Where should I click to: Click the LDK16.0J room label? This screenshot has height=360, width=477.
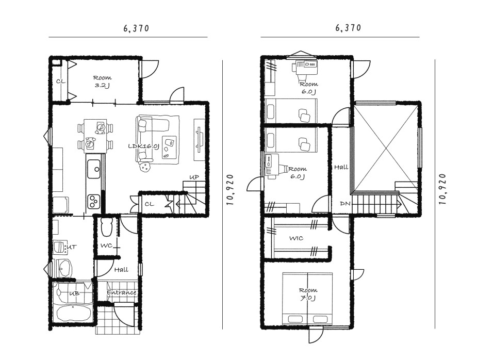(143, 146)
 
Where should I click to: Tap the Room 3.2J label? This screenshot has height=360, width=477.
(102, 81)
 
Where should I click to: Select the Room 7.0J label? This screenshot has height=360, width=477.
(308, 294)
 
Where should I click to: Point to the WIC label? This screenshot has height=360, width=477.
(297, 238)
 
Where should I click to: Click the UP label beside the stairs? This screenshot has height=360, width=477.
(194, 177)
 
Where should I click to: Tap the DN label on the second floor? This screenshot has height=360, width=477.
(346, 203)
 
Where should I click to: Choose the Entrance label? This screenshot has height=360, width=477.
(121, 292)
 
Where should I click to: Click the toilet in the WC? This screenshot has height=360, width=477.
(106, 227)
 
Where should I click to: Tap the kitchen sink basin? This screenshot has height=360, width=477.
(94, 169)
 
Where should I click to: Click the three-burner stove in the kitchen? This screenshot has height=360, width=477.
(94, 201)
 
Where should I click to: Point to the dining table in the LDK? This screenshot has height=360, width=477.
(95, 136)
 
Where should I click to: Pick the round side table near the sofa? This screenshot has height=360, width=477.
(144, 167)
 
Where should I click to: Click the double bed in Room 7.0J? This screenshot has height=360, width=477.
(307, 299)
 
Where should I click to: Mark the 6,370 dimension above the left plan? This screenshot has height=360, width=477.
(137, 28)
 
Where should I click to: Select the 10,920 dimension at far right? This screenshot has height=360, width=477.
(442, 189)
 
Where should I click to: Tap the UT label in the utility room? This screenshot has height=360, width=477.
(72, 247)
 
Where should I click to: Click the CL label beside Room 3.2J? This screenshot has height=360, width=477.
(61, 81)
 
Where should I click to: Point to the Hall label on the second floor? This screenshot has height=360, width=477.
(341, 167)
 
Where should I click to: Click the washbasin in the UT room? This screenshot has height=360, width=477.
(63, 268)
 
